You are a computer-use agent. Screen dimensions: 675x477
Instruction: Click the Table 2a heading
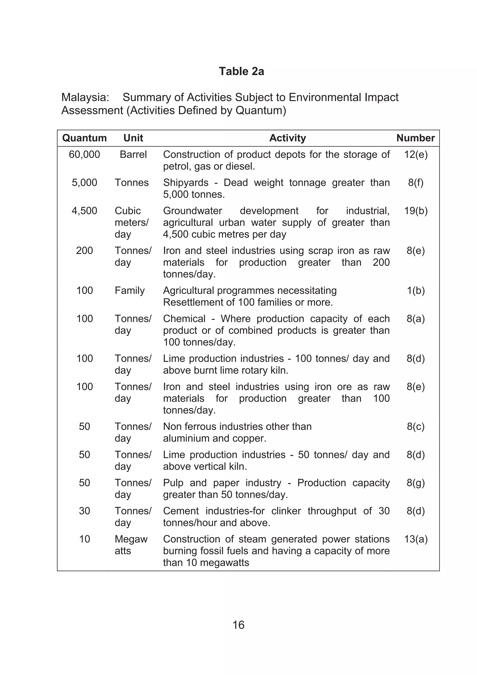point(241,71)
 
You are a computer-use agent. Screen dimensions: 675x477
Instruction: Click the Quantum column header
point(85,138)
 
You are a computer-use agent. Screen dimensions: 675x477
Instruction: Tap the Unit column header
point(133,138)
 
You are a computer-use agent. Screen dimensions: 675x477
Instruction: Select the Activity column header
point(287,138)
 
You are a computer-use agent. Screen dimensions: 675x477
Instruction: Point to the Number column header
point(415,138)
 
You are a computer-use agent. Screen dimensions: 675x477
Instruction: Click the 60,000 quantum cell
point(85,154)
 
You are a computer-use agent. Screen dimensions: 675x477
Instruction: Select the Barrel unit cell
point(133,154)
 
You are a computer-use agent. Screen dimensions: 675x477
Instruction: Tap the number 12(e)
point(416,154)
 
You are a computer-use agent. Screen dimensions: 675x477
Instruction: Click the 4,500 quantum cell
point(85,211)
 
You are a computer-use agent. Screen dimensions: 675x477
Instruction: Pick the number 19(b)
point(416,211)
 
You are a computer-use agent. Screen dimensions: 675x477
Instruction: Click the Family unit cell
point(129,290)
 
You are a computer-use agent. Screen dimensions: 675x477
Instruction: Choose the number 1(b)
point(416,290)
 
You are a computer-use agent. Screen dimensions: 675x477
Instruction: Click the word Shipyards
point(186,183)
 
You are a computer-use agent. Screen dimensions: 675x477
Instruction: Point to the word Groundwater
point(192,211)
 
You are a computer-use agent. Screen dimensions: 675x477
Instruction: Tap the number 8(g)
point(416,483)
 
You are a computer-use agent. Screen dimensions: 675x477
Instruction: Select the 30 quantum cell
point(85,511)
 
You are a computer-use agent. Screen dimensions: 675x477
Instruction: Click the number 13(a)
point(416,539)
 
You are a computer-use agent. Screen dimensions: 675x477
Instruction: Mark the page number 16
point(238,625)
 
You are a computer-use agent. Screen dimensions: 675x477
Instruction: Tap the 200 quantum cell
point(85,251)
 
